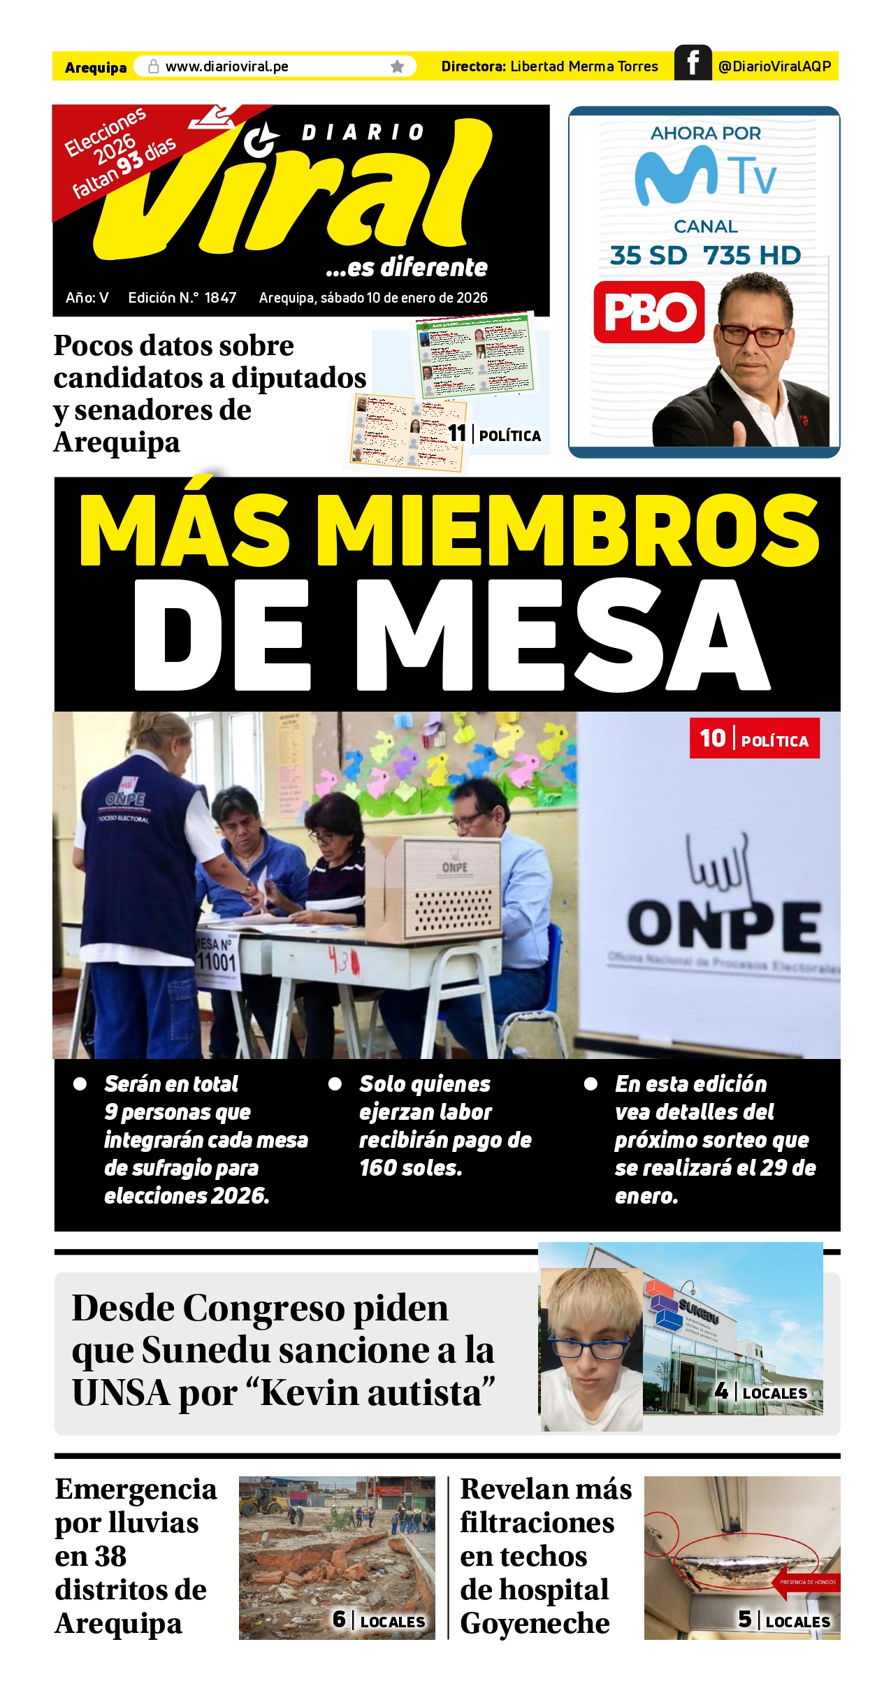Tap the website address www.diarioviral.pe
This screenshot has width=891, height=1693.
pyautogui.click(x=226, y=66)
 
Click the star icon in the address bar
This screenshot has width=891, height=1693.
pyautogui.click(x=397, y=66)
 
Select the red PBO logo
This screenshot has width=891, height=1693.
pyautogui.click(x=649, y=312)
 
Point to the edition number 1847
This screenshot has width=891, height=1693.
pyautogui.click(x=220, y=298)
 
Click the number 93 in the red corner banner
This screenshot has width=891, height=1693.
pyautogui.click(x=130, y=163)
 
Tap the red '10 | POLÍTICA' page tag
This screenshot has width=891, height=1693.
pyautogui.click(x=754, y=738)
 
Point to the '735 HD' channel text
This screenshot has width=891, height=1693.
pyautogui.click(x=752, y=256)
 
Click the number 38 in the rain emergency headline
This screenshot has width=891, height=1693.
pyautogui.click(x=110, y=1556)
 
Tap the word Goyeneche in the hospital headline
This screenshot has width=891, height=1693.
pyautogui.click(x=535, y=1623)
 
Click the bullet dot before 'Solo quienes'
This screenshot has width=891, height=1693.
pyautogui.click(x=335, y=1084)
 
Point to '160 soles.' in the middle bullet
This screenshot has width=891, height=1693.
pyautogui.click(x=410, y=1168)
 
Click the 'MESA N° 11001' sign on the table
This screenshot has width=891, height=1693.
pyautogui.click(x=217, y=958)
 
